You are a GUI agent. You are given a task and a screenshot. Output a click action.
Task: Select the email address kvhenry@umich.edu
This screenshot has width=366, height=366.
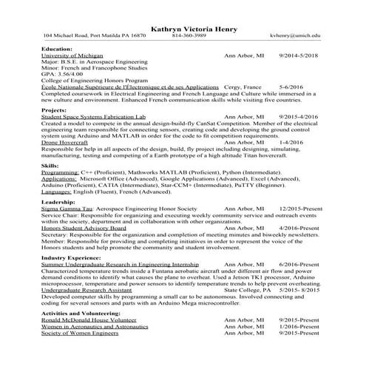point(296,35)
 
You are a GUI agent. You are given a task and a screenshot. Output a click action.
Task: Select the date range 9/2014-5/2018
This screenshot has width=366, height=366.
point(298,55)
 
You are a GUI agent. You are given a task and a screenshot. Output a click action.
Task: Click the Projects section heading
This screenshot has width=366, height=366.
point(55,109)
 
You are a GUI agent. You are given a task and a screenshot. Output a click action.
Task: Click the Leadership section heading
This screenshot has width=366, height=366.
point(58,202)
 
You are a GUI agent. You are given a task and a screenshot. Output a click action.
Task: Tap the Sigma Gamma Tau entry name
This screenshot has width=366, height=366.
point(66,209)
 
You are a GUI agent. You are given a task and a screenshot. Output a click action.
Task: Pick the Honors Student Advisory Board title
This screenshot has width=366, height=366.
point(84,228)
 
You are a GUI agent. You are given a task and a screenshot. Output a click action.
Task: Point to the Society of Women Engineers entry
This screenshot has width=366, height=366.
point(79,333)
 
